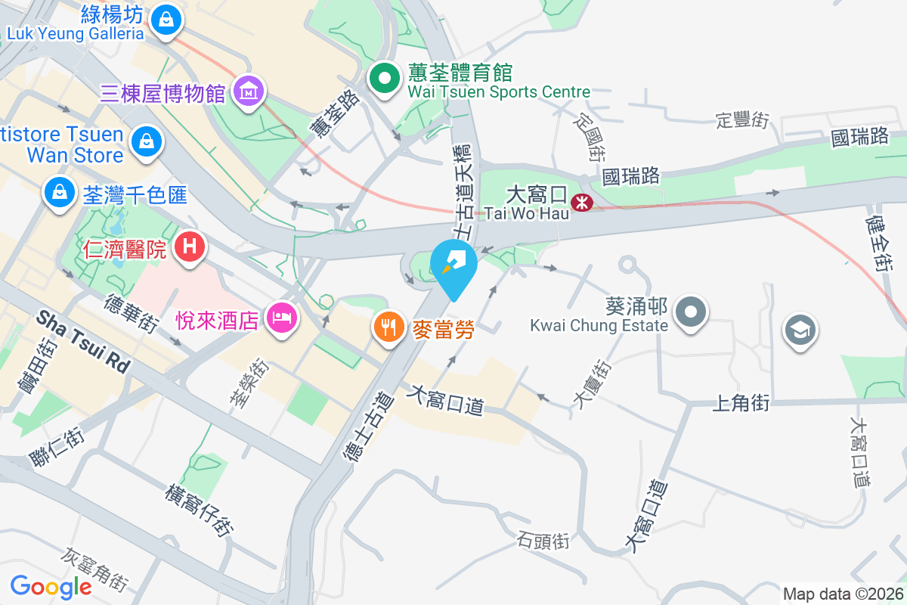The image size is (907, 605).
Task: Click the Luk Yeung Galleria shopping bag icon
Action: pyautogui.click(x=165, y=20)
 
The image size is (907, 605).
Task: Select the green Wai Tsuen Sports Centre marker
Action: pyautogui.click(x=385, y=78)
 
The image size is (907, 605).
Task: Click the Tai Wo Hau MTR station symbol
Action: pyautogui.click(x=581, y=202)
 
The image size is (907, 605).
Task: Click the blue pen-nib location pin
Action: pyautogui.click(x=453, y=265)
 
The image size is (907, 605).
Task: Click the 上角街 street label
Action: pyautogui.click(x=741, y=404)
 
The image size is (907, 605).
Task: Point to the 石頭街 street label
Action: pyautogui.click(x=543, y=541)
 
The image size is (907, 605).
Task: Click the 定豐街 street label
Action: pyautogui.click(x=742, y=119)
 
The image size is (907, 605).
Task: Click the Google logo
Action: pyautogui.click(x=51, y=586)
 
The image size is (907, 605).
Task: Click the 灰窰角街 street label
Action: pyautogui.click(x=97, y=569)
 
